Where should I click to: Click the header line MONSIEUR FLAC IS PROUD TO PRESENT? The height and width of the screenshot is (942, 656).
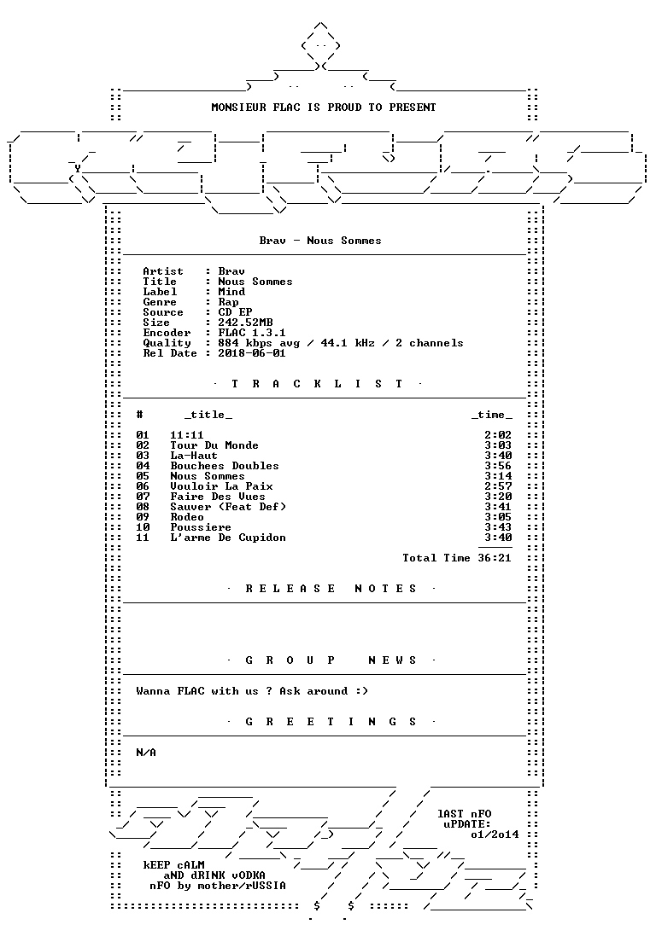pyautogui.click(x=324, y=108)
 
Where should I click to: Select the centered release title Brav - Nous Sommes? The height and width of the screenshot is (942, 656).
pyautogui.click(x=319, y=241)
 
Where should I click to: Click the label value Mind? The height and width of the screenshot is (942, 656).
pyautogui.click(x=231, y=292)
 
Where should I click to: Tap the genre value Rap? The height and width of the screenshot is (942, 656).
pyautogui.click(x=228, y=302)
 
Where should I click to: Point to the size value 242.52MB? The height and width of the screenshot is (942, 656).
pyautogui.click(x=245, y=323)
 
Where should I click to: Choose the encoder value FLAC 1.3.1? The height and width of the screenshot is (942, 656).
pyautogui.click(x=252, y=333)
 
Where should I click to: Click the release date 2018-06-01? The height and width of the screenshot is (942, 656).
pyautogui.click(x=252, y=353)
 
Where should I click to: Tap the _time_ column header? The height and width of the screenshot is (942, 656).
pyautogui.click(x=492, y=416)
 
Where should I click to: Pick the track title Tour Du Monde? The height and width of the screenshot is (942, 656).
pyautogui.click(x=214, y=445)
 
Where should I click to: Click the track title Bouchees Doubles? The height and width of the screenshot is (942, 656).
pyautogui.click(x=225, y=466)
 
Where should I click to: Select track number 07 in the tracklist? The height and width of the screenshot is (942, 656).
pyautogui.click(x=143, y=497)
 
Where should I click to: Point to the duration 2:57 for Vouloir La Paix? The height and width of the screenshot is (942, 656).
pyautogui.click(x=498, y=486)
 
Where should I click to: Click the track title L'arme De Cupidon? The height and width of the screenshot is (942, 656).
pyautogui.click(x=228, y=538)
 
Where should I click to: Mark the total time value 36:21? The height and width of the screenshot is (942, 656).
pyautogui.click(x=495, y=558)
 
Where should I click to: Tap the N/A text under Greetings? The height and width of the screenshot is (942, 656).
pyautogui.click(x=146, y=753)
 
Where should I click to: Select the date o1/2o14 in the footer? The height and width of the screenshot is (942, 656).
pyautogui.click(x=495, y=835)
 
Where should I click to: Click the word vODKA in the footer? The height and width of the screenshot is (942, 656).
pyautogui.click(x=249, y=876)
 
